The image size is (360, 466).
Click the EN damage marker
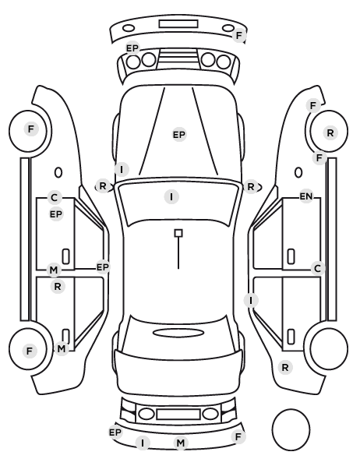point(306,196)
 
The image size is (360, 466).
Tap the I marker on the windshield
point(171,196)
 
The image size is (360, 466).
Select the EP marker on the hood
point(179,135)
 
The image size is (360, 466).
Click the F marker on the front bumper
point(239,35)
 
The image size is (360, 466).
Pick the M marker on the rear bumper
point(181,443)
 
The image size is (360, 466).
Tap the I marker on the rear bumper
point(143,443)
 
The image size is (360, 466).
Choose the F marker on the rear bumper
point(238,437)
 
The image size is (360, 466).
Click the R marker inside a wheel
point(330,133)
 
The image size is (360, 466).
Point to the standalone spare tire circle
point(291,429)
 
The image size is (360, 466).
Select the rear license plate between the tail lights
point(178,414)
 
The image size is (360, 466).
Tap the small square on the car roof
point(178,233)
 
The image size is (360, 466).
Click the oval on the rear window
point(178,333)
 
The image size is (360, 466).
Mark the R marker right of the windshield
point(251,187)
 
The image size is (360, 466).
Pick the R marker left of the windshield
point(103,186)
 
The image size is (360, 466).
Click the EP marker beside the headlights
point(132,48)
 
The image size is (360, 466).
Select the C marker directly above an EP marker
point(54,198)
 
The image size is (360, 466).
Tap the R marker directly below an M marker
point(58,287)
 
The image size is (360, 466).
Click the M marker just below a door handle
point(61,348)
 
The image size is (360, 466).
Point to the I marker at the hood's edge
point(122,170)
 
